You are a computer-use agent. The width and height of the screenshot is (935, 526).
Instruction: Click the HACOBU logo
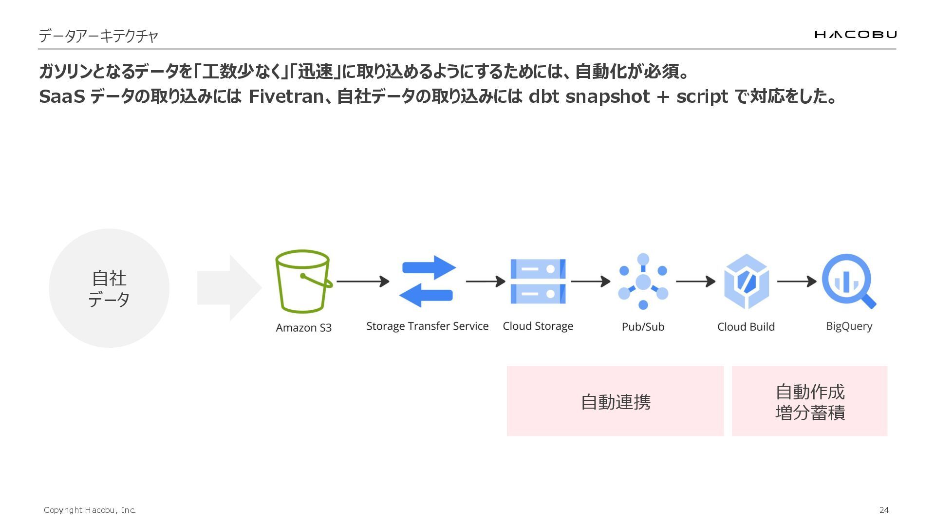point(855,34)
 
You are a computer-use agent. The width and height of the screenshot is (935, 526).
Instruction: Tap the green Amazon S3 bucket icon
point(303,282)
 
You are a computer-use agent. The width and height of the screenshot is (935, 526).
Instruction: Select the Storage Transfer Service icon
point(427,282)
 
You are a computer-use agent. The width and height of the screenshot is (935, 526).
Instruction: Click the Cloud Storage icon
point(538,282)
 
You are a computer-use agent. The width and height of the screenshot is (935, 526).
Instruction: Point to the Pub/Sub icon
point(643,282)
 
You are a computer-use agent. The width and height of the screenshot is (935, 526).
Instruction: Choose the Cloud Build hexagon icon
point(746,282)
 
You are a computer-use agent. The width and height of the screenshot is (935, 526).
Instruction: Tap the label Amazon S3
point(303,328)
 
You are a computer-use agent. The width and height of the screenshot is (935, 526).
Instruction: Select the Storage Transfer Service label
point(427,326)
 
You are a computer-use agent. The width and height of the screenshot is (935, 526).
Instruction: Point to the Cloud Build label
point(746,327)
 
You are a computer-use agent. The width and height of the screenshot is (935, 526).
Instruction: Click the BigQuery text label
point(849,326)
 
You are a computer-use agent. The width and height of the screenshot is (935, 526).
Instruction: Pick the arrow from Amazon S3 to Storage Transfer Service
point(363,282)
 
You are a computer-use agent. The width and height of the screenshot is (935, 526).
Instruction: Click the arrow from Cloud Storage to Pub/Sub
point(590,282)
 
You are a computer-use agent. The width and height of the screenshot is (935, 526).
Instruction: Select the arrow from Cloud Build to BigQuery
point(796,282)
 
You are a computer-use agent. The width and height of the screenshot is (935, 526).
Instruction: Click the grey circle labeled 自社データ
point(109,288)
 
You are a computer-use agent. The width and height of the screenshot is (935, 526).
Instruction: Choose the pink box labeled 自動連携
point(615,401)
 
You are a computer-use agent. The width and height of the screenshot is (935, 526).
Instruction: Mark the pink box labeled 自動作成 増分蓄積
point(809,401)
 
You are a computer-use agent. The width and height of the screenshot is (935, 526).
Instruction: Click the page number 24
point(884,510)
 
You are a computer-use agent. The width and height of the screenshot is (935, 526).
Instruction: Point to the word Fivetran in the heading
point(285,96)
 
